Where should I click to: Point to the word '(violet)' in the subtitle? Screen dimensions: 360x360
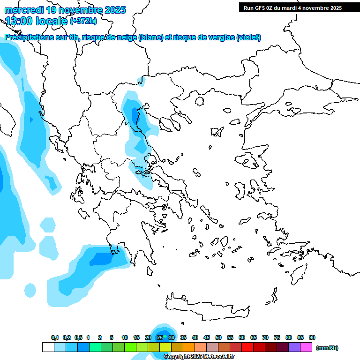point(248,37)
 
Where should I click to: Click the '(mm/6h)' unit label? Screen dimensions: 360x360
point(327,348)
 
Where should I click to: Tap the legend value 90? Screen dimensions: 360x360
point(312,337)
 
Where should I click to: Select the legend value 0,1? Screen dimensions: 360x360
point(55,337)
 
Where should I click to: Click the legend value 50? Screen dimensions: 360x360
point(218,337)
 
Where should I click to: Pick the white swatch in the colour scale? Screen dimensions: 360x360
point(48,347)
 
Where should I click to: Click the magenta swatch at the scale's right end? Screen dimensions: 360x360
point(306,347)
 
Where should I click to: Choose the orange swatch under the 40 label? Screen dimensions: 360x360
point(189,347)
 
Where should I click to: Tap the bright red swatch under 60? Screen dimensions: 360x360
point(247,347)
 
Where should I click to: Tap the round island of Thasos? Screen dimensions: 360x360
point(199,101)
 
